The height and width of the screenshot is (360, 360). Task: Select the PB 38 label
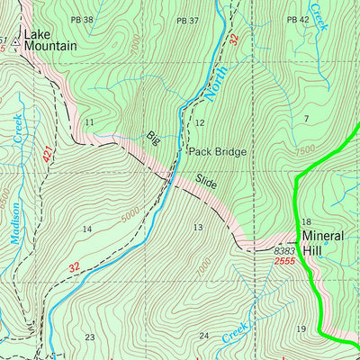pyautogui.click(x=83, y=20)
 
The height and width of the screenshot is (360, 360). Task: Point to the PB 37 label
pyautogui.click(x=187, y=20)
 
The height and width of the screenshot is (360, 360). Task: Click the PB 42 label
pyautogui.click(x=298, y=20)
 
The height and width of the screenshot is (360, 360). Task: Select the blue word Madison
pyautogui.click(x=15, y=222)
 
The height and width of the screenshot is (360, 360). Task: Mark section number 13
pyautogui.click(x=198, y=227)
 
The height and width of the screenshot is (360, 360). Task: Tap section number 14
pyautogui.click(x=87, y=229)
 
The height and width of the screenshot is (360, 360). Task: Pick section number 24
pyautogui.click(x=204, y=336)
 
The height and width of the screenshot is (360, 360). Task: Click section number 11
pyautogui.click(x=89, y=121)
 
